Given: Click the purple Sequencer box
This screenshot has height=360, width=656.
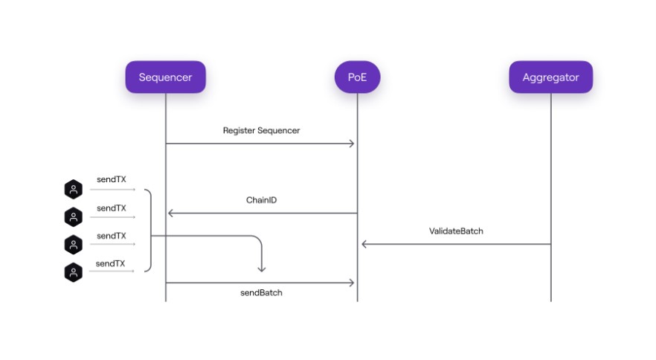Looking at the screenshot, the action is [x=165, y=77].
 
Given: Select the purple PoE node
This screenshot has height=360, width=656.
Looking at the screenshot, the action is [x=357, y=77].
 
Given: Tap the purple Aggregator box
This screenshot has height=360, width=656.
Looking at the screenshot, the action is [x=550, y=77].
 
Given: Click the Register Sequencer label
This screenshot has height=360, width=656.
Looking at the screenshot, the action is [x=262, y=131].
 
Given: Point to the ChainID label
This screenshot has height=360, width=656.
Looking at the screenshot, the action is [x=262, y=200].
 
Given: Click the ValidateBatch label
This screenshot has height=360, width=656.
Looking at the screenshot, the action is [x=456, y=231].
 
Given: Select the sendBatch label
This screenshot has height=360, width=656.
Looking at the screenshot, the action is [x=262, y=292].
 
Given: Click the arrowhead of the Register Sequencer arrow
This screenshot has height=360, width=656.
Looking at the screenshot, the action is [x=352, y=144].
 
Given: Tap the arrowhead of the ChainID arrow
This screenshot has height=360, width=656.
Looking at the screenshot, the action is [x=170, y=213].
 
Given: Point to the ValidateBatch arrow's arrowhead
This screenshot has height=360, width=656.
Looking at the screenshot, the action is [x=364, y=244].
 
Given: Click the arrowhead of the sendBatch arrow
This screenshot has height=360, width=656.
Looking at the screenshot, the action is [x=352, y=283].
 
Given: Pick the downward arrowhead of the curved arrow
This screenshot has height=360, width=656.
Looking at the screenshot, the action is [x=262, y=269].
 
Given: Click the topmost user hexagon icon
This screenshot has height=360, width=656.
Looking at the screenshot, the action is [x=73, y=189].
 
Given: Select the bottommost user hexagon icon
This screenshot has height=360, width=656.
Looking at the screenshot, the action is [x=73, y=272].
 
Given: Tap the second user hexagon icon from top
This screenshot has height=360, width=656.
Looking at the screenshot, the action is [x=73, y=217].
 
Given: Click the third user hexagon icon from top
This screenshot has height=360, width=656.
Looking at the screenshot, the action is [x=73, y=245].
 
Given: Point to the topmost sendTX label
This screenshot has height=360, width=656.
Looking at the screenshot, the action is [x=112, y=179].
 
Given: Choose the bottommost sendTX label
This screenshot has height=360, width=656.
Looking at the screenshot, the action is [x=110, y=263].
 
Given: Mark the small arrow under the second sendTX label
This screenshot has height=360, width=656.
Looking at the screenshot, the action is [x=112, y=217].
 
